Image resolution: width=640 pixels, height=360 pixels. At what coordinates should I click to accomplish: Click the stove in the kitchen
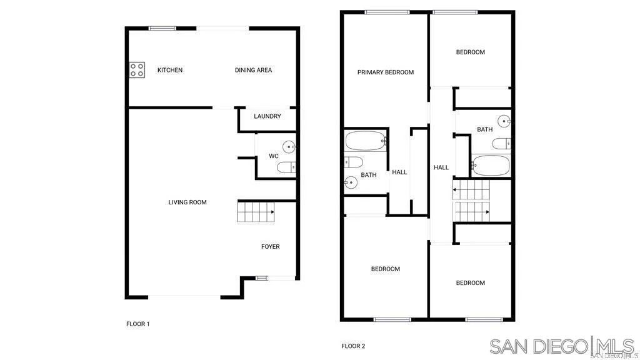point(137,70)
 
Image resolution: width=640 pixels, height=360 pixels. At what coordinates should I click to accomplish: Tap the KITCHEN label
point(170,70)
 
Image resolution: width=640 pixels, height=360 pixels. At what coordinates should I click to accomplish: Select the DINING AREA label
point(253,70)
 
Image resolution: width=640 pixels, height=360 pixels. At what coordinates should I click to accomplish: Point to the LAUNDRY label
point(267,116)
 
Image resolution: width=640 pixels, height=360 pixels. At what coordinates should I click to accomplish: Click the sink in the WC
point(289,147)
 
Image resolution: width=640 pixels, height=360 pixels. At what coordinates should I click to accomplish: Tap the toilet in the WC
point(287,167)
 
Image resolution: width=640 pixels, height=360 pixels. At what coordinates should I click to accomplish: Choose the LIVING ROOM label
point(187,202)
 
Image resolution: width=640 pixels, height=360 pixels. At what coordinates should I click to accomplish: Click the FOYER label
point(270,247)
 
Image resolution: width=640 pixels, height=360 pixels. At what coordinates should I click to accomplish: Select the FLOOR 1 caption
point(138,324)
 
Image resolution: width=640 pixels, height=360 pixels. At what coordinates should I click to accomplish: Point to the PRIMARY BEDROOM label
point(386,72)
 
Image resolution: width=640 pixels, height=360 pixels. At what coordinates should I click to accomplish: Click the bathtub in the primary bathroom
point(366,141)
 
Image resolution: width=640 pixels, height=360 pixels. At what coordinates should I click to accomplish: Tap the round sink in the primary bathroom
point(351,182)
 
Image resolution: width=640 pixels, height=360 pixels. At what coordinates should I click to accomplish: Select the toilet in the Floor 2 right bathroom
point(501,144)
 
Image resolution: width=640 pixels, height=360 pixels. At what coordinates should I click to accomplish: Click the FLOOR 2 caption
point(353,346)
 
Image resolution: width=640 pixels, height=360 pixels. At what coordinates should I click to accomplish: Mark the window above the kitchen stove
point(162,27)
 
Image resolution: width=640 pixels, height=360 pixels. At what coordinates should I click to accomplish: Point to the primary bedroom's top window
point(387,11)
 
